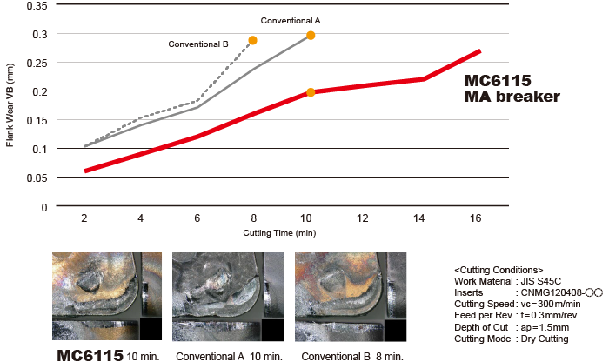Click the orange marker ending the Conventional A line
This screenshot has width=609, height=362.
click(x=311, y=36)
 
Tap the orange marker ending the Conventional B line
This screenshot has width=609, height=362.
click(x=252, y=41)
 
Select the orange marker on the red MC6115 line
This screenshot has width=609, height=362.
click(x=311, y=92)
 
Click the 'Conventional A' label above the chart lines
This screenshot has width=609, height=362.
click(x=290, y=20)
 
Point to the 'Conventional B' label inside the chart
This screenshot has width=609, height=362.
click(x=198, y=44)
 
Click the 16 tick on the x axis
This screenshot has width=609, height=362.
click(x=475, y=218)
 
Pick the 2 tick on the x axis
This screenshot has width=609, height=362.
click(x=84, y=218)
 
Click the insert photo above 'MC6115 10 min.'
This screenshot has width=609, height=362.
click(x=107, y=295)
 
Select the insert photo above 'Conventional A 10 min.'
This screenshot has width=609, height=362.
click(x=228, y=295)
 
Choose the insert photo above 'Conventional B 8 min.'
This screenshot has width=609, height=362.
click(x=350, y=295)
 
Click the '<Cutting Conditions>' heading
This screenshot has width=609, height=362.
click(x=499, y=270)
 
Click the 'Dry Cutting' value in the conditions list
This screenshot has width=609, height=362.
click(x=545, y=338)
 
